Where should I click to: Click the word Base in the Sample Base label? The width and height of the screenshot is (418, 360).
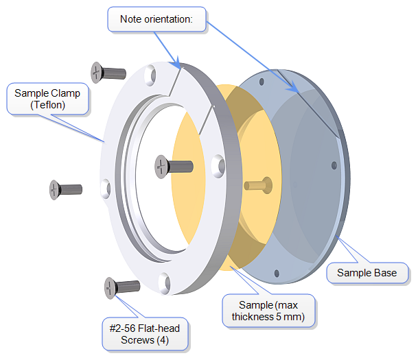coord(385,273)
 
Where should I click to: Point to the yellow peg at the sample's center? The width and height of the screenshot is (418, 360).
coord(259,184)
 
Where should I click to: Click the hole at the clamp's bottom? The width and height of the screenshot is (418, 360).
coord(164,281)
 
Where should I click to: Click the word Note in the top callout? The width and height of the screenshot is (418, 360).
coord(131,19)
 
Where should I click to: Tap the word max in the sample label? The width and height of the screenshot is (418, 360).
coord(290,304)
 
